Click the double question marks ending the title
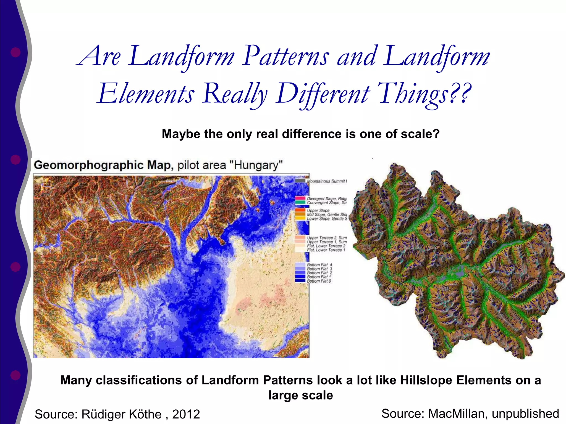(460, 93)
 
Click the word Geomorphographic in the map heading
(89, 165)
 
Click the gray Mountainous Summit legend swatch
(300, 181)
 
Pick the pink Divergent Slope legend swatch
(300, 198)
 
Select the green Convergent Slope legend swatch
(300, 202)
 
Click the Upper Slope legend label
(318, 210)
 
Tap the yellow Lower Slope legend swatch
(300, 218)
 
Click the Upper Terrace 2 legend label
(326, 238)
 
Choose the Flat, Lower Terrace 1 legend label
(326, 250)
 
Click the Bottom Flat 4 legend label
(319, 265)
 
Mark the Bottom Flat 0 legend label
(319, 281)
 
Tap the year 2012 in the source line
(186, 414)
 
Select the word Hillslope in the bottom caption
(427, 380)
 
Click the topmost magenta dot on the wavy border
(15, 52)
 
